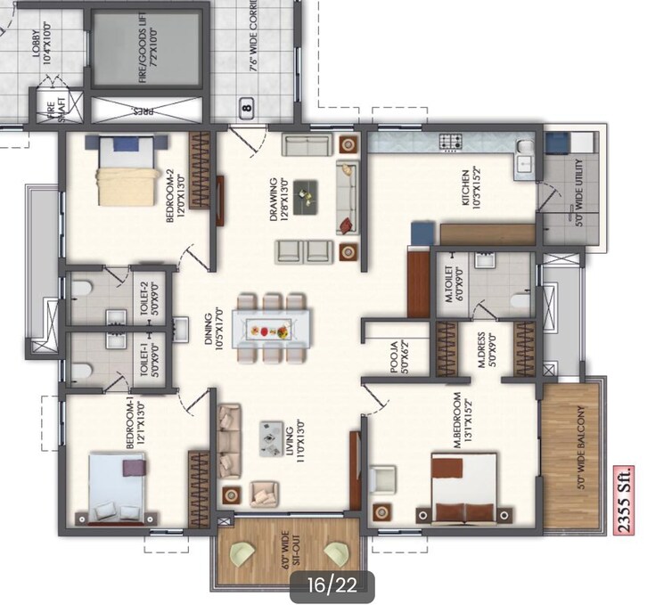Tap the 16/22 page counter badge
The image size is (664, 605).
(332, 585)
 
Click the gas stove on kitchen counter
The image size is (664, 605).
(448, 141)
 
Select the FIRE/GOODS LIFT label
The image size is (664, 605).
(147, 53)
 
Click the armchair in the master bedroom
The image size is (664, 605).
(385, 478)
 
